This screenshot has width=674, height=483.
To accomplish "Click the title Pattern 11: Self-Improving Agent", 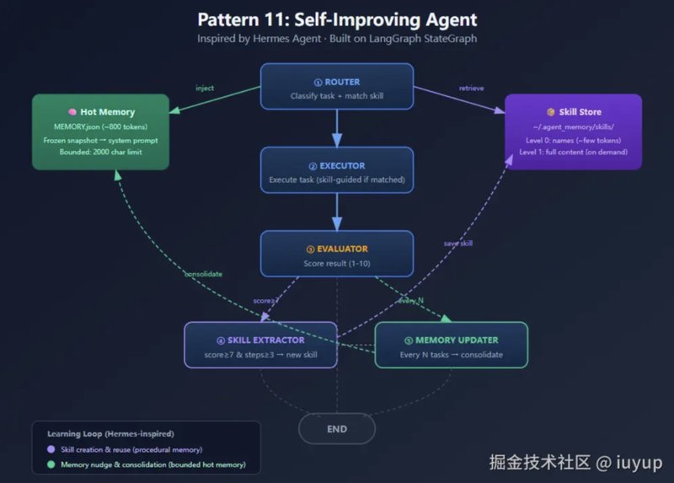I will pos(337,19).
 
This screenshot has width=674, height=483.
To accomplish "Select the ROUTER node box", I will pos(337,87).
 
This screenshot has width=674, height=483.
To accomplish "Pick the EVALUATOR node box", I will pos(337,255).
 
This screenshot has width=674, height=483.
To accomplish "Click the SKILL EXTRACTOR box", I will pos(260,345).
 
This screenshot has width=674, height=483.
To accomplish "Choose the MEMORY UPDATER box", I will pos(451,345).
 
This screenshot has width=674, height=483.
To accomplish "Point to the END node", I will pos(337,429).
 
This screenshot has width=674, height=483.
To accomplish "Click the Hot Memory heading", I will pos(101,111).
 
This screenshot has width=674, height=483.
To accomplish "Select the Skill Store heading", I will pos(574,111).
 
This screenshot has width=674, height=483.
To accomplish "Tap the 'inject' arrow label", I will pos(205,88).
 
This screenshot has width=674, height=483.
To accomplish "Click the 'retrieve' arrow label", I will pos(471,88).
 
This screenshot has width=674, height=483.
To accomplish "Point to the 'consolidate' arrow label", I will pos(203,273).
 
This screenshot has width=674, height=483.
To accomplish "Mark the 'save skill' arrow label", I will pos(458,243).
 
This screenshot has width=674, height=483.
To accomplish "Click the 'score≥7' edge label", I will pos(267,301).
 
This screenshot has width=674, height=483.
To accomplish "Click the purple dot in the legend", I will pos(51,449).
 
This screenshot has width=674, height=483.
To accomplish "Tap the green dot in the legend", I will pos(51,464).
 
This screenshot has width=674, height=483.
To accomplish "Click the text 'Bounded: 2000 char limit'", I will pos(101,153).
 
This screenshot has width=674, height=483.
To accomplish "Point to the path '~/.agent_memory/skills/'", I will pos(574,126).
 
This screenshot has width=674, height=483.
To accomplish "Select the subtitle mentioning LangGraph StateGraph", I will pos(337,39).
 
